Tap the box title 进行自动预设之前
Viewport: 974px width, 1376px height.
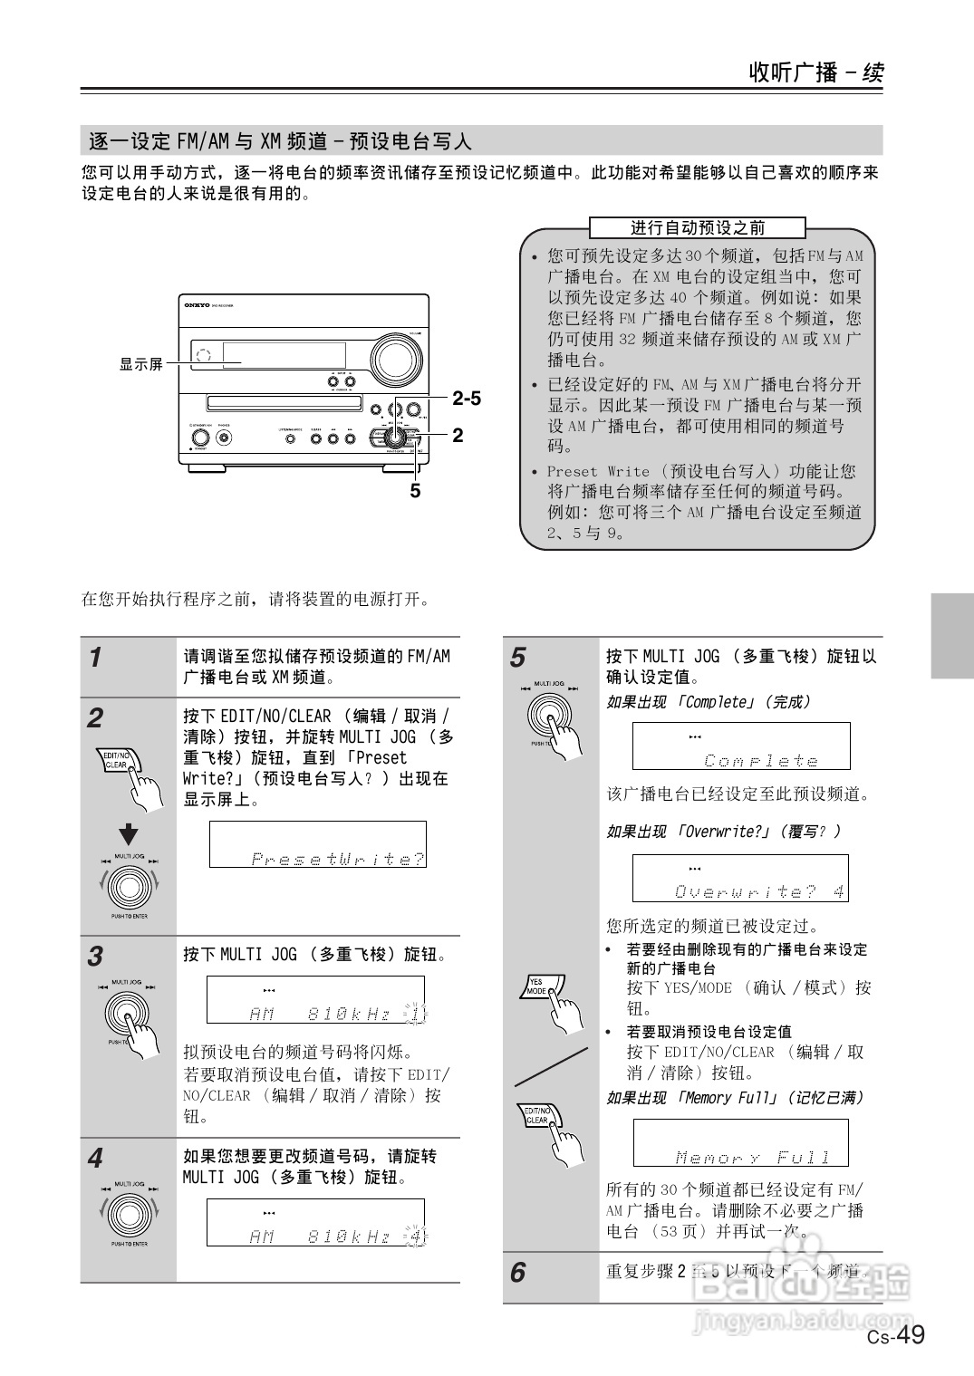coord(697,228)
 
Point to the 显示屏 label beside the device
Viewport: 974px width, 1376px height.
coord(141,364)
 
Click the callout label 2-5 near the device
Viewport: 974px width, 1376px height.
coord(466,399)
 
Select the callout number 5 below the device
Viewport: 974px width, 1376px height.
coord(415,491)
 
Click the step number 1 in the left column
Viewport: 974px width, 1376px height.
coord(95,658)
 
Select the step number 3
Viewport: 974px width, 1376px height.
coord(95,956)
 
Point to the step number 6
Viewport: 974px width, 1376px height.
coord(517,1273)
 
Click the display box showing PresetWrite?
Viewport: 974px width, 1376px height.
coord(318,845)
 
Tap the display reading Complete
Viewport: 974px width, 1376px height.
coord(741,746)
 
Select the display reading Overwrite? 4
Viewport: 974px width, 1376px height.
coord(740,878)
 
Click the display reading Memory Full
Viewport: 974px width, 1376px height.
coord(740,1143)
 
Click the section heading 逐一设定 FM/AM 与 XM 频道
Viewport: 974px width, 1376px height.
coord(281,141)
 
